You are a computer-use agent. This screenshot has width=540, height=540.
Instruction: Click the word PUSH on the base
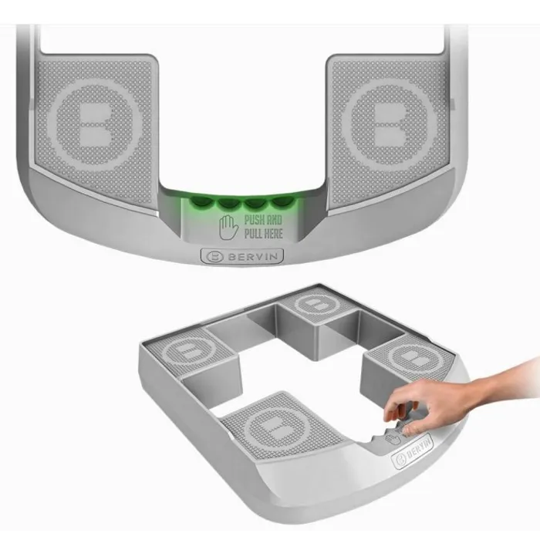(255, 220)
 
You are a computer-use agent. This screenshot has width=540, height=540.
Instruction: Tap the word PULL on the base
(253, 234)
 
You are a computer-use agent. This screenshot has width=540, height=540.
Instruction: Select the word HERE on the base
(273, 234)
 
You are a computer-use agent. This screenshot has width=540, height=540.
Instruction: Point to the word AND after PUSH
(274, 220)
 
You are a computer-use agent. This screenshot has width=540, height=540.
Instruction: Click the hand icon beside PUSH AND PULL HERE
(228, 228)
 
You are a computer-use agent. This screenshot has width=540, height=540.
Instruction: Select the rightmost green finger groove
(282, 202)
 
